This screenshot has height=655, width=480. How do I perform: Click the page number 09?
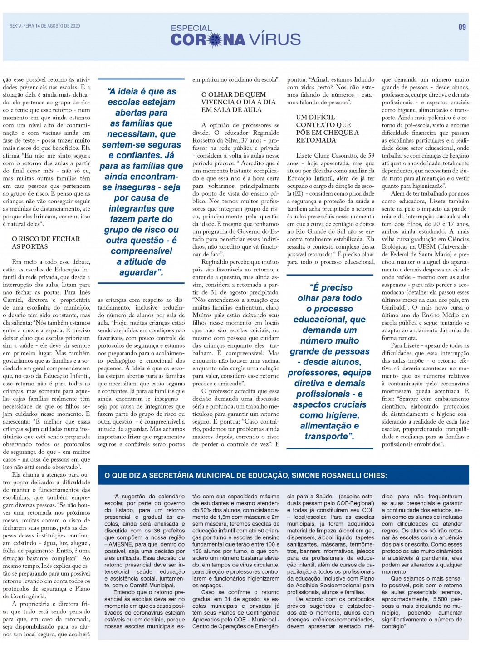462,27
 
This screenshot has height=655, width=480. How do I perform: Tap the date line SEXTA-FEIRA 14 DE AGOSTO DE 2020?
45,26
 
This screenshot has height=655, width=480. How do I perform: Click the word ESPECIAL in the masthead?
191,28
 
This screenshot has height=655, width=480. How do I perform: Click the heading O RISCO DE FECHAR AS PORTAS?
46,242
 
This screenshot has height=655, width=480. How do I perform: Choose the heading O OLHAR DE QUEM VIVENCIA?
238,102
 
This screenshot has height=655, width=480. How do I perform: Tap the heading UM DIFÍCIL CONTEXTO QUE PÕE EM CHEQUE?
327,128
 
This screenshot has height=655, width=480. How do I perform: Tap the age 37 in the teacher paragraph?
243,140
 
